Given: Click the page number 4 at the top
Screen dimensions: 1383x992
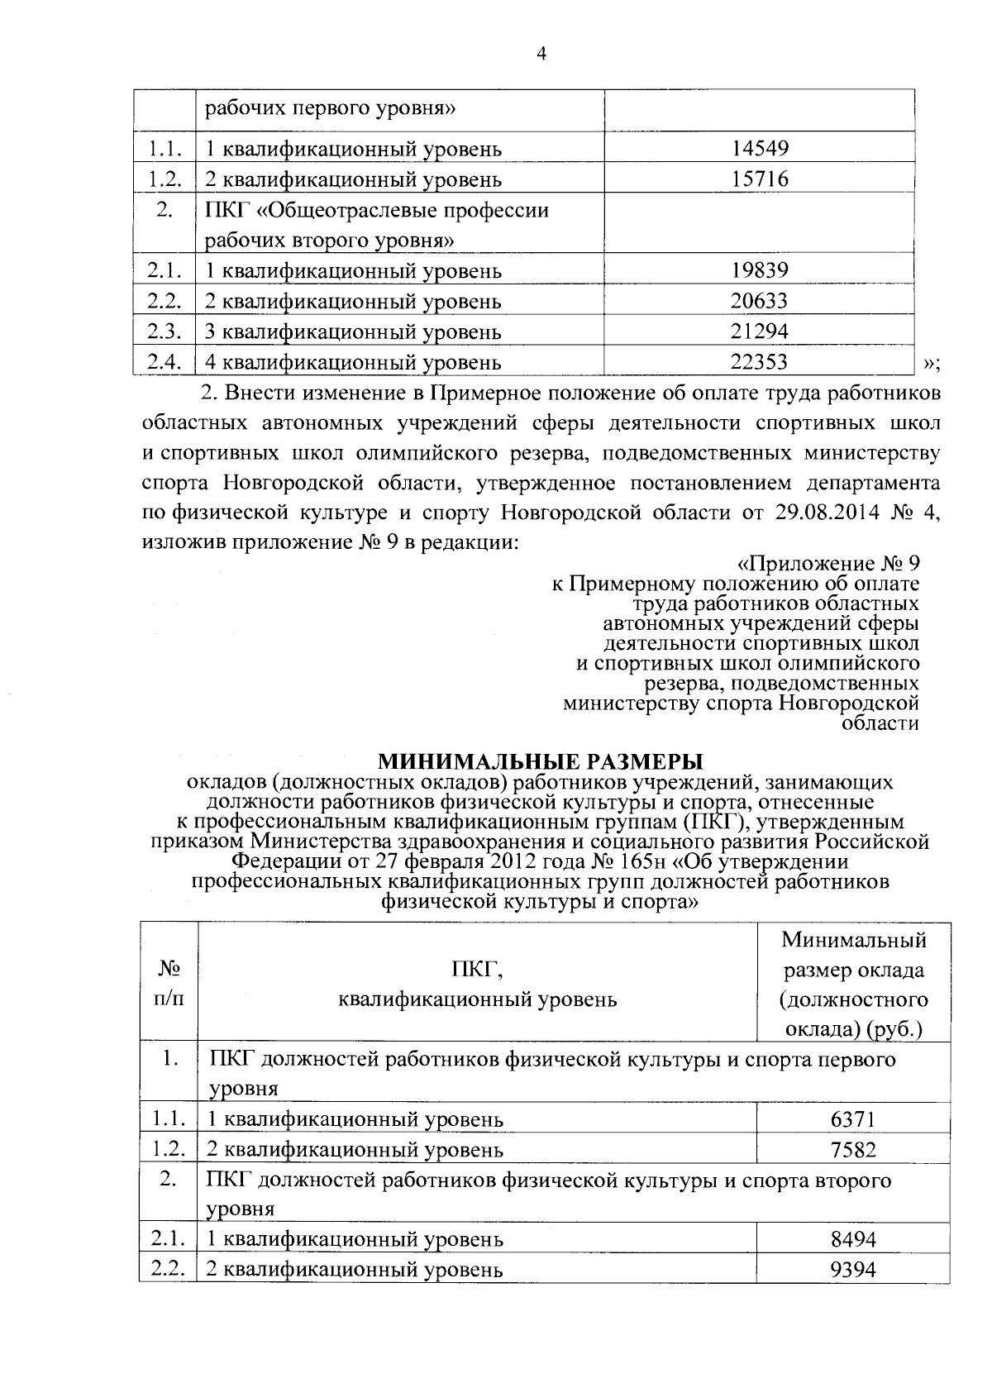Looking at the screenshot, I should [541, 55].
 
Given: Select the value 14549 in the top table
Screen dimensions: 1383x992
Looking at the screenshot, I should [760, 149].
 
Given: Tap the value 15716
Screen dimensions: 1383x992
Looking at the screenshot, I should [760, 179].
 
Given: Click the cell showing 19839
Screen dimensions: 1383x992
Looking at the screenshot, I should [760, 270].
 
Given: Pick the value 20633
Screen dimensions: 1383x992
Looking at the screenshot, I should [760, 301].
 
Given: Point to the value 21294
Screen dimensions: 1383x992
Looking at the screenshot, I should [760, 331].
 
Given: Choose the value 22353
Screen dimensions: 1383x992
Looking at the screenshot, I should [760, 361].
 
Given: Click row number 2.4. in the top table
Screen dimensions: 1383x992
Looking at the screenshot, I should [164, 361].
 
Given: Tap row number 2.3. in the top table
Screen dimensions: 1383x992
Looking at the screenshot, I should [164, 331].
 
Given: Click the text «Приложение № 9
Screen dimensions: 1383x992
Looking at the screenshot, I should [827, 564].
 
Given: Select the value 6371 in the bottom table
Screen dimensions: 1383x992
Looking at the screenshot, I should [852, 1119].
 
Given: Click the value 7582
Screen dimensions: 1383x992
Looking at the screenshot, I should [852, 1150].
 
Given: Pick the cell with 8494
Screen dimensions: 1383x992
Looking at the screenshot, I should [852, 1239].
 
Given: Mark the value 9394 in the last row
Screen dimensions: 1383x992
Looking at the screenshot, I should [852, 1270].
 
